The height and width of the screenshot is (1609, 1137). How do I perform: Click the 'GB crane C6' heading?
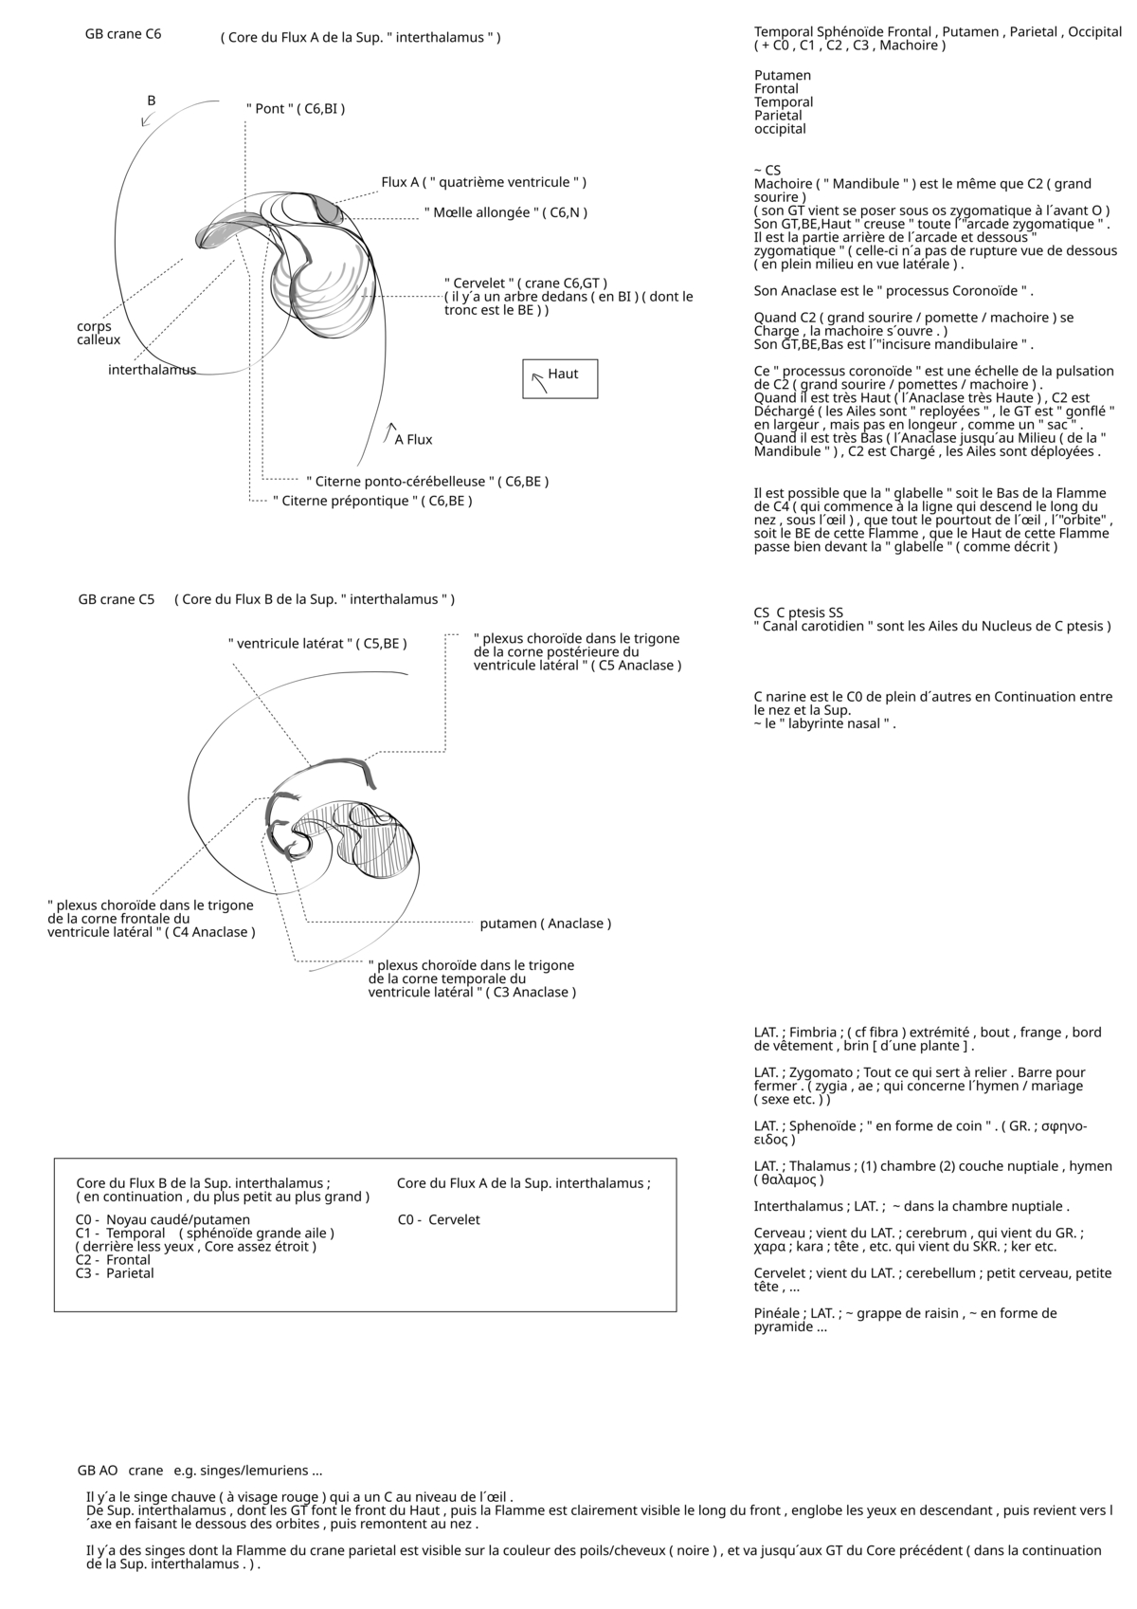(123, 34)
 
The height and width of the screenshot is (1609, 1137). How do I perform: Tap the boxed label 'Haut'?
(562, 375)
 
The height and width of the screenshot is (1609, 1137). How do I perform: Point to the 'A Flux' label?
(413, 440)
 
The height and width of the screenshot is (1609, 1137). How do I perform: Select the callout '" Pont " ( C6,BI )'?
(296, 109)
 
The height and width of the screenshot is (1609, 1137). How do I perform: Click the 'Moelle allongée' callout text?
(505, 213)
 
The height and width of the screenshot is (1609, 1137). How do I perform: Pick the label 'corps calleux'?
(99, 333)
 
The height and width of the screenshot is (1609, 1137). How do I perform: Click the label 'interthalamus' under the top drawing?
(152, 370)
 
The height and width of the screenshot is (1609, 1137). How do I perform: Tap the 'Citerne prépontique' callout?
(372, 501)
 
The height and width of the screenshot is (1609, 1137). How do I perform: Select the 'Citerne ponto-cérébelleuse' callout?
(427, 482)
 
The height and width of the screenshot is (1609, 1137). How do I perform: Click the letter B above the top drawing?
(152, 101)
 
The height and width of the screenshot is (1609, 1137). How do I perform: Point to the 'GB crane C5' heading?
(117, 599)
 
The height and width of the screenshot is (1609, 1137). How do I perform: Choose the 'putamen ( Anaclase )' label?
(545, 923)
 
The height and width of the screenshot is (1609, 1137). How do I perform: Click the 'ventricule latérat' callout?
(317, 644)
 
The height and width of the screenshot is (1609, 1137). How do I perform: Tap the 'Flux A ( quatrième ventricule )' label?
(483, 182)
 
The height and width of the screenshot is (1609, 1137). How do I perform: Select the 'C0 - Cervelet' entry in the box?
(439, 1220)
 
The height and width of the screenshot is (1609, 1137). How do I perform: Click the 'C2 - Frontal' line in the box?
(113, 1260)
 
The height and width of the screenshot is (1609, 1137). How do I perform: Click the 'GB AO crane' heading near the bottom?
(120, 1471)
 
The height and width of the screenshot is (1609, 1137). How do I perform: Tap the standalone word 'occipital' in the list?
(780, 129)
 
